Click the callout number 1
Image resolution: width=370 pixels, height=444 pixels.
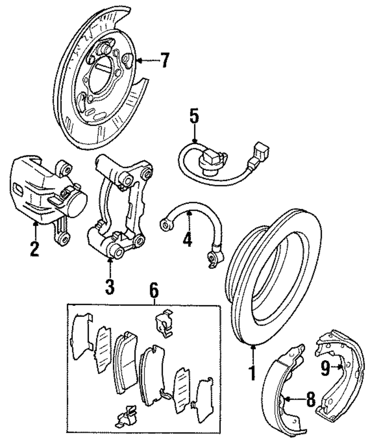tap(253, 372)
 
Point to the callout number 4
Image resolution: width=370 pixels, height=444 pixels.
tap(188, 239)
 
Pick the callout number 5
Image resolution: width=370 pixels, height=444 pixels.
tap(194, 117)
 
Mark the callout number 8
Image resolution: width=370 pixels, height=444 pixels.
tap(310, 399)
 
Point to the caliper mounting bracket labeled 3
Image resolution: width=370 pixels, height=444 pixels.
tap(118, 207)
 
